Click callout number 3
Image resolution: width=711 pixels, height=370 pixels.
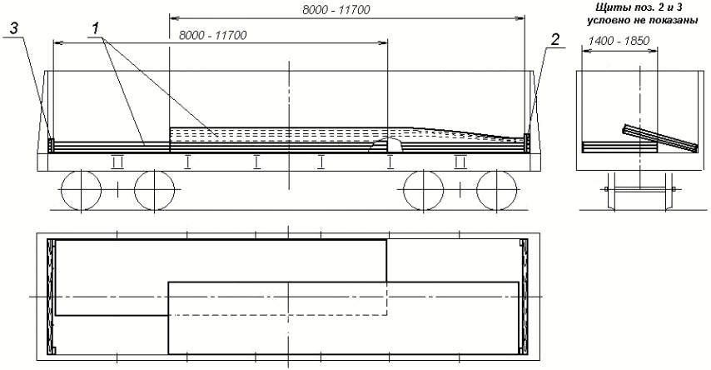(x=14, y=29)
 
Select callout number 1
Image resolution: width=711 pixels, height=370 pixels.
(x=95, y=29)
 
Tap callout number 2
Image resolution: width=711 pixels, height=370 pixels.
(x=555, y=40)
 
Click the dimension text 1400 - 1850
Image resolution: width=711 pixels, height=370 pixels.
(x=619, y=41)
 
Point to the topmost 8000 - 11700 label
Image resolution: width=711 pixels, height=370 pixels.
(x=336, y=9)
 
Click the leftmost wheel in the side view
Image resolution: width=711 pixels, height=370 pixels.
(x=81, y=190)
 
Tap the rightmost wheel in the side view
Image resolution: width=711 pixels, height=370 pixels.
(x=497, y=190)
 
